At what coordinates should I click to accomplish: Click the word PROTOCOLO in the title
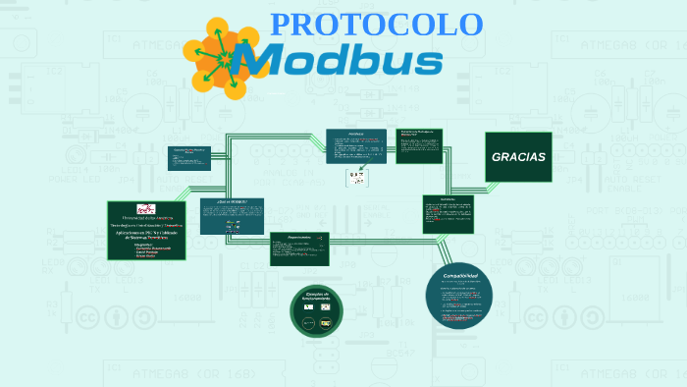click(x=376, y=25)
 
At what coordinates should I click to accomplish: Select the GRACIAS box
click(x=518, y=157)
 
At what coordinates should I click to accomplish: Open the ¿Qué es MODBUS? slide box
click(x=232, y=215)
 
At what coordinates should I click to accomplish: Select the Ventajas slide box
click(x=356, y=145)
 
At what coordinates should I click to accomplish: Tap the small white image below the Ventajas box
click(x=355, y=177)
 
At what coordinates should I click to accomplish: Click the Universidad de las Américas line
click(x=146, y=217)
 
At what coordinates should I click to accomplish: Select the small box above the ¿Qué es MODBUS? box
click(x=189, y=157)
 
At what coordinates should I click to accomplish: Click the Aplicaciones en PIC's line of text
click(x=146, y=233)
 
